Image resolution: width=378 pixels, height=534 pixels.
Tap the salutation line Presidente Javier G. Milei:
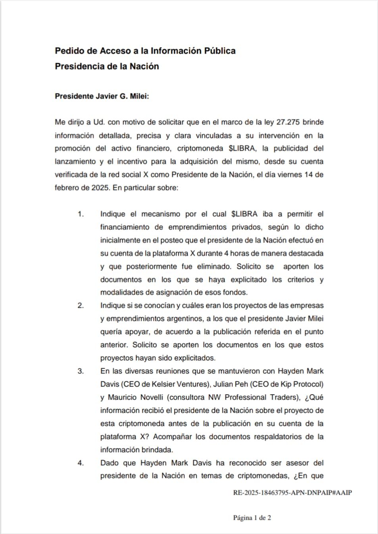click(102, 96)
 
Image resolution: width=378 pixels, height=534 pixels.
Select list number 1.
click(81, 214)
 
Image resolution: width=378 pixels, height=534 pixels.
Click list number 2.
click(81, 306)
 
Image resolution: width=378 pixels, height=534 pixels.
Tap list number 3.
click(81, 371)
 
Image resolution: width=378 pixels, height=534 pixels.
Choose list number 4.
click(81, 463)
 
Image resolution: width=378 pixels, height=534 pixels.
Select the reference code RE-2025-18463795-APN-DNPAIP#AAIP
click(292, 493)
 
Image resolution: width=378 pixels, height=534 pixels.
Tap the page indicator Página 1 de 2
click(252, 518)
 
